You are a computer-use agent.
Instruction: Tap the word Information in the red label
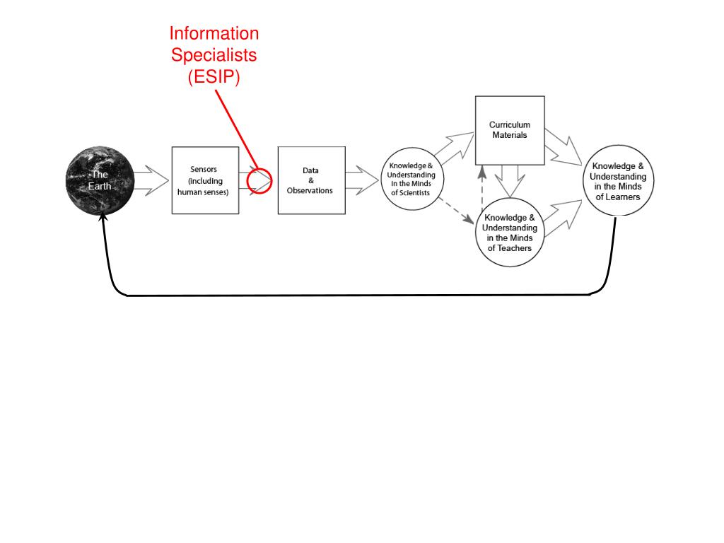pyautogui.click(x=214, y=33)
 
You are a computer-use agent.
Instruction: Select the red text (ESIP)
pyautogui.click(x=214, y=76)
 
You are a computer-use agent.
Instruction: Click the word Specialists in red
pyautogui.click(x=214, y=55)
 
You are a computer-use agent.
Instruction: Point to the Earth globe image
pyautogui.click(x=100, y=180)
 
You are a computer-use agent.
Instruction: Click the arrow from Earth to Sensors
pyautogui.click(x=152, y=180)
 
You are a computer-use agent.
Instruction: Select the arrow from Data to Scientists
pyautogui.click(x=363, y=180)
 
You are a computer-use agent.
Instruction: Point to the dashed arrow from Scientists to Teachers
pyautogui.click(x=456, y=211)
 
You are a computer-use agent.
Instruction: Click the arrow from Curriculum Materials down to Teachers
pyautogui.click(x=510, y=182)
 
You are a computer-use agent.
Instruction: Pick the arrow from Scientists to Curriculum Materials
pyautogui.click(x=455, y=147)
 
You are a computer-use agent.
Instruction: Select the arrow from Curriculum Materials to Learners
pyautogui.click(x=564, y=147)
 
